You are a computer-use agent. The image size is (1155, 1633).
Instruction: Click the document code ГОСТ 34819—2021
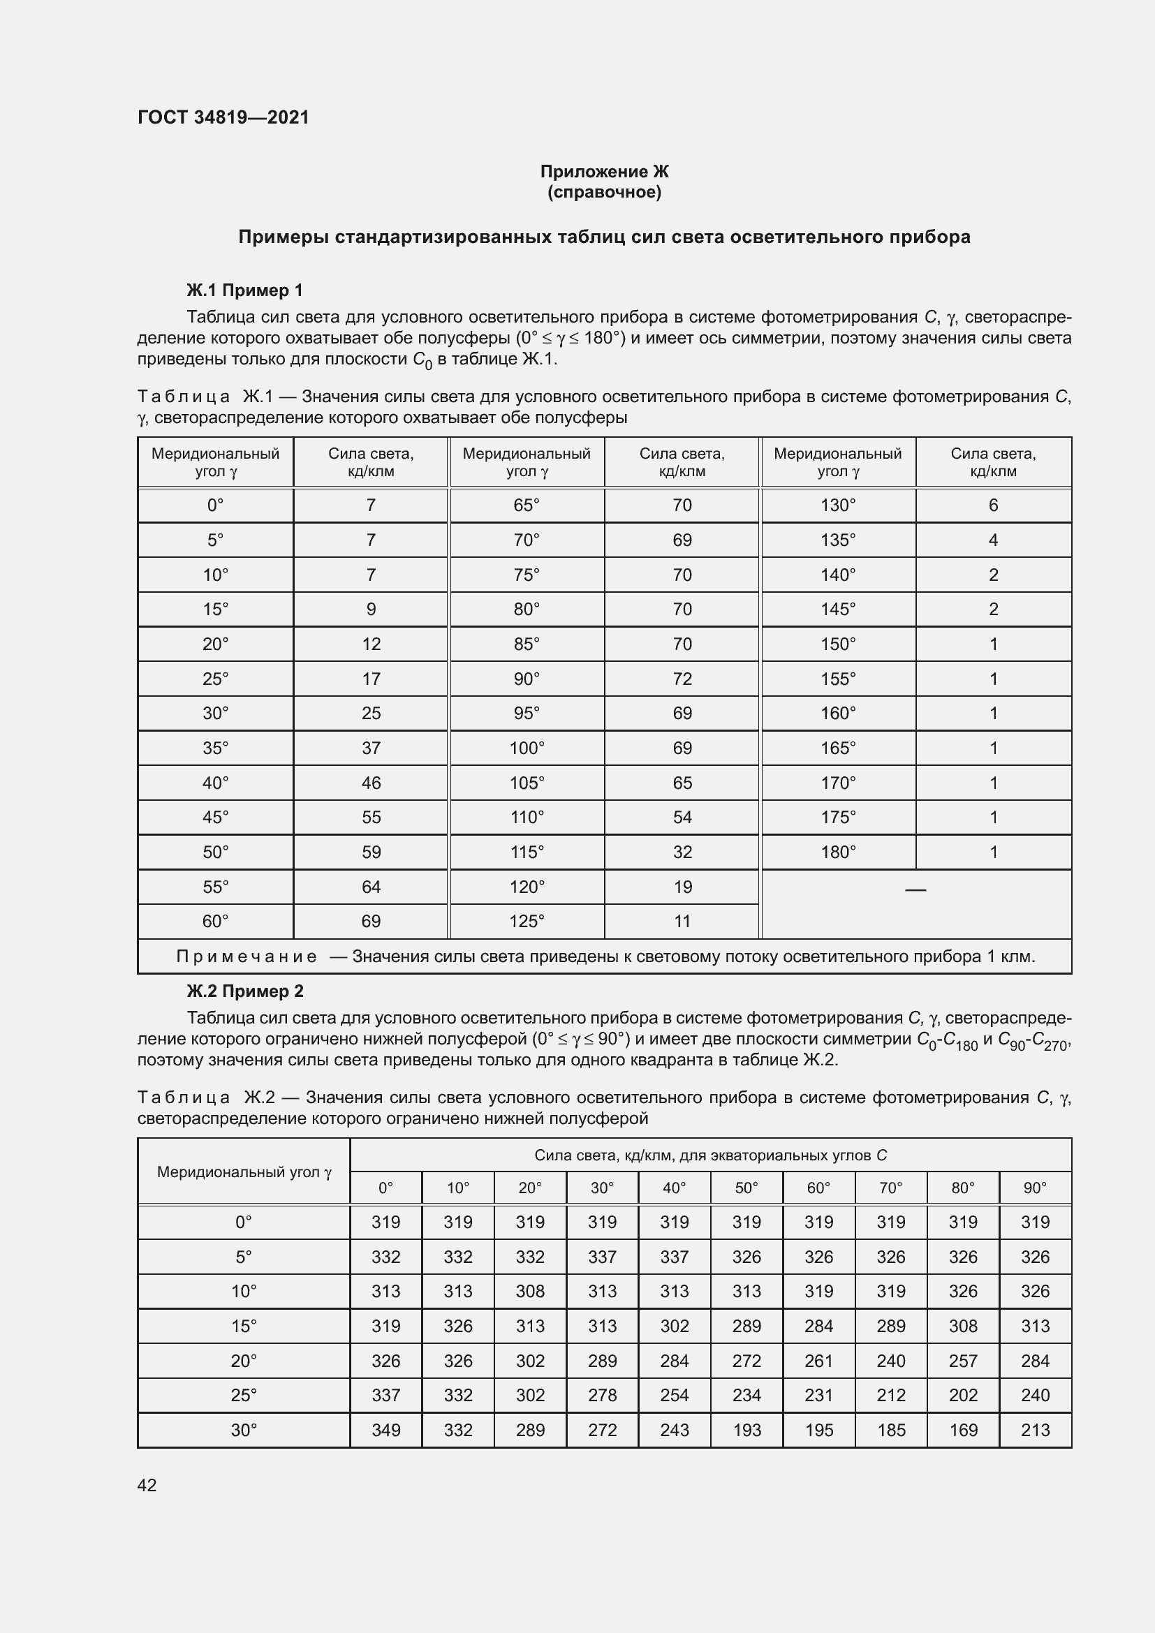coord(223,117)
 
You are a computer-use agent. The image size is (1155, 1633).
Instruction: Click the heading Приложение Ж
coord(604,172)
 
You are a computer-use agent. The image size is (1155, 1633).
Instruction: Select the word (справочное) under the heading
coord(604,192)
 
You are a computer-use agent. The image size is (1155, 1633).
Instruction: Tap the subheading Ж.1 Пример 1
coord(244,290)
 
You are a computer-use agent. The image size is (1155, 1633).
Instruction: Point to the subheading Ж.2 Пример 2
coord(244,991)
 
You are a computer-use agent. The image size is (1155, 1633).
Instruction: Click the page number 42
coord(147,1485)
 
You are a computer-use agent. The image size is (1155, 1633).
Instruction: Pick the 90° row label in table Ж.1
coord(527,679)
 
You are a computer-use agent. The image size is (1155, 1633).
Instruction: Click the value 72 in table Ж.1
coord(682,679)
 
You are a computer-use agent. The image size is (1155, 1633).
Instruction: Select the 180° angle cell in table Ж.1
coord(838,852)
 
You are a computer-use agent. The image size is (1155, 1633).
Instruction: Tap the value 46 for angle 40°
coord(371,783)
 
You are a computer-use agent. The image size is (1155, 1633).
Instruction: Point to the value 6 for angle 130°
coord(993,505)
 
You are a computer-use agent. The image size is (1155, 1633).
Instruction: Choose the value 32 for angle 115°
coord(682,852)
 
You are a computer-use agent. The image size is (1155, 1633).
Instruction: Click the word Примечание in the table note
coord(246,956)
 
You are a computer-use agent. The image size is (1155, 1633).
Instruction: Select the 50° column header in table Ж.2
coord(746,1188)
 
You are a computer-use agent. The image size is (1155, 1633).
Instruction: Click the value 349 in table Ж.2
coord(385,1431)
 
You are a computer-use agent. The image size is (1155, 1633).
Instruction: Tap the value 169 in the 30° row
coord(962,1431)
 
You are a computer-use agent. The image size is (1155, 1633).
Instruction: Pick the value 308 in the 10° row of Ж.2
coord(530,1291)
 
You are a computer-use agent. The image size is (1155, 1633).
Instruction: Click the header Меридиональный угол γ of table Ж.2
coord(244,1172)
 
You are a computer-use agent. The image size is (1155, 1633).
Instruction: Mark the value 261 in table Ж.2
coord(818,1361)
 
